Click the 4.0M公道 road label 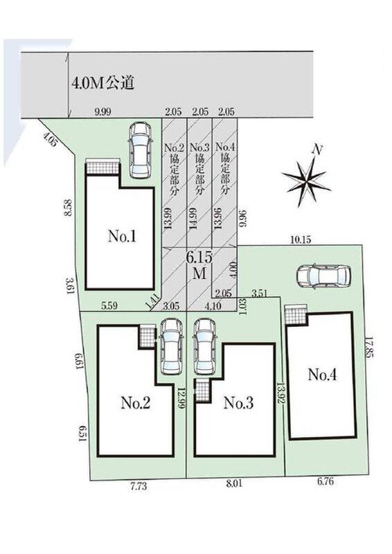pos(103,83)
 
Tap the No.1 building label pos(122,236)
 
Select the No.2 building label pos(136,402)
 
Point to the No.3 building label pos(238,403)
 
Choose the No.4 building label pos(322,375)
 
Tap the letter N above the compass pos(318,150)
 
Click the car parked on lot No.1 pos(140,150)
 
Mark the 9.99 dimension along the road pos(103,112)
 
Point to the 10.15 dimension pos(301,240)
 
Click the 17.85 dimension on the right pos(368,347)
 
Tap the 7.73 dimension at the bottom pos(139,486)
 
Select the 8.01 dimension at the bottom pos(233,483)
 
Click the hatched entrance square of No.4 pos(294,315)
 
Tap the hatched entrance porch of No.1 pos(103,166)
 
